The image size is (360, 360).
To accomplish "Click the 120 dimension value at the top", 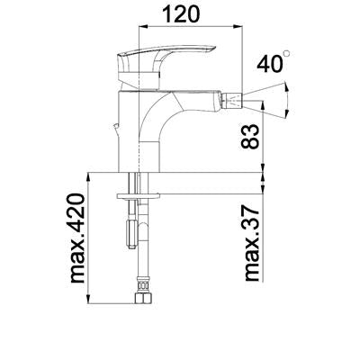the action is coord(181,13).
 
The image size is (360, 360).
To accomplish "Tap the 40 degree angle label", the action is coord(270,63).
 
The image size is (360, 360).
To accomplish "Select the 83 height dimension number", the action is coord(249,137).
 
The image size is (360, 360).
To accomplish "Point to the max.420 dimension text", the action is coord(76,238).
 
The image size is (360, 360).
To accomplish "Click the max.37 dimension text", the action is coord(252,243).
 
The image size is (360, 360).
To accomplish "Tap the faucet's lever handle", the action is coord(166,57).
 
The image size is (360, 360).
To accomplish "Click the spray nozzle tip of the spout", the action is coord(233,100).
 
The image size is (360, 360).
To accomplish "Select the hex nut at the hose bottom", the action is coord(143,299).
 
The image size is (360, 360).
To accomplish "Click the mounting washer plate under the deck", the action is coord(138,196).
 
